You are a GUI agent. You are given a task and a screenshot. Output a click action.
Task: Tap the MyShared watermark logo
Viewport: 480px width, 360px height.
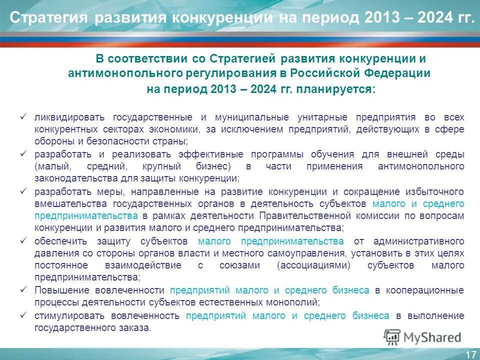(x=422, y=336)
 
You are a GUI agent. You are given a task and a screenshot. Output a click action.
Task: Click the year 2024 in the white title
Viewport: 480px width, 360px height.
(x=434, y=18)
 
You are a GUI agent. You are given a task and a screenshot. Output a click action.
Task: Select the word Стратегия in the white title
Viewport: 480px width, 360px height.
(x=48, y=18)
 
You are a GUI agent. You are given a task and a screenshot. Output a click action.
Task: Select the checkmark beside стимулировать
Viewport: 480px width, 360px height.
(x=22, y=315)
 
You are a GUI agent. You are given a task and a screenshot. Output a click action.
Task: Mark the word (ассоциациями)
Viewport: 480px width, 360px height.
(x=310, y=265)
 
